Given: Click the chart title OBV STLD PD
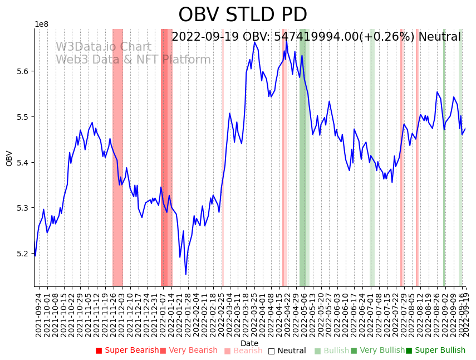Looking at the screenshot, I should point(242,15).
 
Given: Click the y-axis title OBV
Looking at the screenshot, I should point(9,158).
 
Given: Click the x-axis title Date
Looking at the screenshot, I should point(249,343).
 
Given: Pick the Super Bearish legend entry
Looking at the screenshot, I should point(127,351).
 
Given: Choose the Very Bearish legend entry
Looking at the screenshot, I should point(189,351).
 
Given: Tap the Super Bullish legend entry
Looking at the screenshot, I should point(435,351).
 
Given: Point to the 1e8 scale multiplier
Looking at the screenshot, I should point(41,25).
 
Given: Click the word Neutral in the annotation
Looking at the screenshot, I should point(439,37).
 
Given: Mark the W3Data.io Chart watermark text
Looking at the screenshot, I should point(103,47).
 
